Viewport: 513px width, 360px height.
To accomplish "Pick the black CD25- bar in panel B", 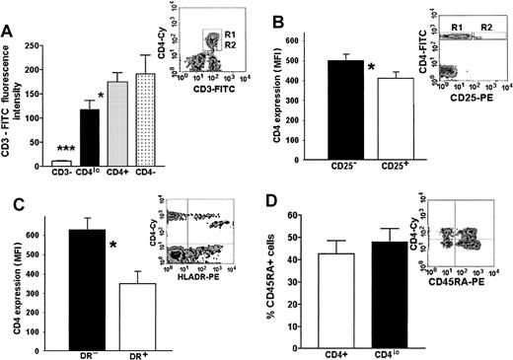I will [x=348, y=109].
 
